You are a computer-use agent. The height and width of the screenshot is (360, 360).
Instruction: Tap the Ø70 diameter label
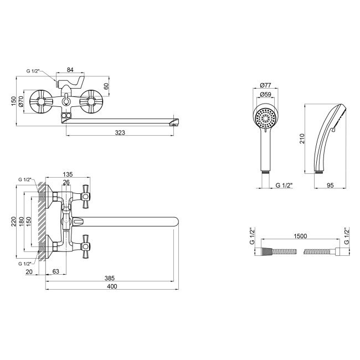point(20,102)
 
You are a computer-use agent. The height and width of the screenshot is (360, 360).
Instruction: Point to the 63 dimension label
point(56,271)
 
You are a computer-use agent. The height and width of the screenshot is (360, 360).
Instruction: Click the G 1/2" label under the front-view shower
point(284,186)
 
